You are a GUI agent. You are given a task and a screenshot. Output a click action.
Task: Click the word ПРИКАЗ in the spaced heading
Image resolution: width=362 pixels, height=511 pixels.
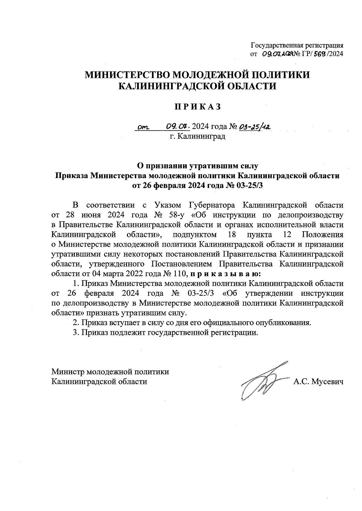[198, 107]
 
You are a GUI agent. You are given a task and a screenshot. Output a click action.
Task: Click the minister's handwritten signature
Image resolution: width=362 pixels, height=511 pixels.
[262, 379]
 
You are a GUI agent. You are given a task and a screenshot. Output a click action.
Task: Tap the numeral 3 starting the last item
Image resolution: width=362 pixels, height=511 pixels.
[75, 333]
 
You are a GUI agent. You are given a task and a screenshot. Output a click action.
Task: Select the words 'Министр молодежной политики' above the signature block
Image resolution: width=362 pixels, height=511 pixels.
[110, 372]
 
